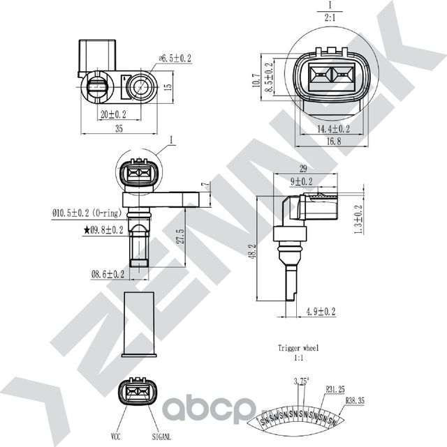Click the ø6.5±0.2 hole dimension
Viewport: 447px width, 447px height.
pyautogui.click(x=177, y=59)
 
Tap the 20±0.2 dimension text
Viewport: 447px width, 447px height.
pyautogui.click(x=113, y=114)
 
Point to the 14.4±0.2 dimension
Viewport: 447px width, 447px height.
pyautogui.click(x=332, y=128)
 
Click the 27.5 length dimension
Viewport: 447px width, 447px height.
pyautogui.click(x=182, y=237)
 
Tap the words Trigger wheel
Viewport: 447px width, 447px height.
pyautogui.click(x=298, y=347)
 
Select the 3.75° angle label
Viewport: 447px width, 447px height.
pyautogui.click(x=301, y=381)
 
